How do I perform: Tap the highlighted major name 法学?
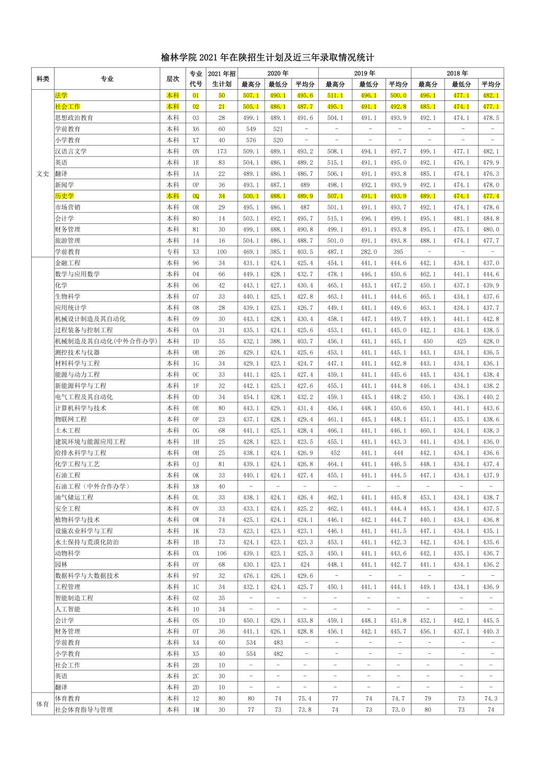coord(62,96)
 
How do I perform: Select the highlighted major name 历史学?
coord(65,196)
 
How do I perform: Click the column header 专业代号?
coord(196,79)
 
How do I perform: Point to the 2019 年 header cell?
coord(364,73)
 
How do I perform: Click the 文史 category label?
coord(42,174)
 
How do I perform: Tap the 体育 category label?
coord(42,704)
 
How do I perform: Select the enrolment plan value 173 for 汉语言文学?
coord(222,151)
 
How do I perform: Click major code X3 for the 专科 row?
coord(196,252)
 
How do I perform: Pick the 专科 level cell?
coord(173,252)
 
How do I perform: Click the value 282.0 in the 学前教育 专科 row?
coord(369,252)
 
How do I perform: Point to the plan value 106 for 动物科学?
coord(222,553)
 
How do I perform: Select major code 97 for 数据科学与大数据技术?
coord(196,575)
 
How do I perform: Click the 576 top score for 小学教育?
coord(251,140)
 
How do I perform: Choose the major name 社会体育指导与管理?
coord(84,710)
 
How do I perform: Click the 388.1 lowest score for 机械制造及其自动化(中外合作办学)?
coord(277,341)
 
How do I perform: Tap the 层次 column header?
coord(173,79)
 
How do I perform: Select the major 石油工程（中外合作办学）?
coord(93,486)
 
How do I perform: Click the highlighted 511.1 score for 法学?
coord(335,96)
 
